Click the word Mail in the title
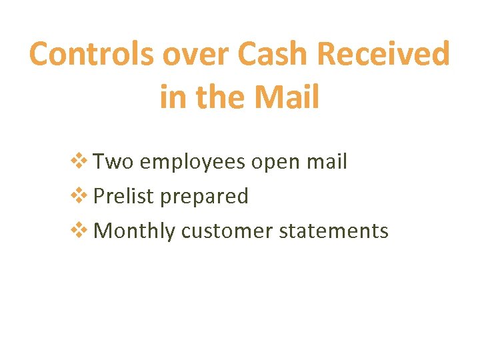pyautogui.click(x=288, y=97)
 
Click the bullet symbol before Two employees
pyautogui.click(x=79, y=161)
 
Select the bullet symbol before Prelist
pyautogui.click(x=79, y=196)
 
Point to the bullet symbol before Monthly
pyautogui.click(x=79, y=231)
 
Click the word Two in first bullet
pyautogui.click(x=114, y=162)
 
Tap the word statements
pyautogui.click(x=334, y=231)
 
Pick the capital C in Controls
pyautogui.click(x=41, y=54)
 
